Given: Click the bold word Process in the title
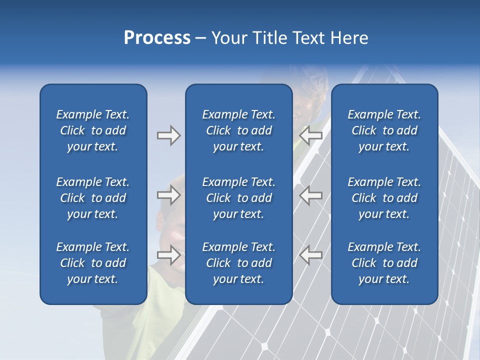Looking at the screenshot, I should (157, 38).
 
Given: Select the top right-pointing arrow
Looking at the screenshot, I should (168, 135).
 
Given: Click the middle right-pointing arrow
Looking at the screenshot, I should (168, 195).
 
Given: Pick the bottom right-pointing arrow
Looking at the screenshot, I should (168, 254).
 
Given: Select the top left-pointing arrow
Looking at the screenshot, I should (311, 135).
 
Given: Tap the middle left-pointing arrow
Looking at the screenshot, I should (311, 195).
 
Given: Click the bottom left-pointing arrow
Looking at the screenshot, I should (311, 254).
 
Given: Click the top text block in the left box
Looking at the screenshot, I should (93, 130).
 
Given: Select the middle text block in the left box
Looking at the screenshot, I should (93, 198).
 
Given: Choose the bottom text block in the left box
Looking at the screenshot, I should (93, 263).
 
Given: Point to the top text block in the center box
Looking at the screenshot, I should (238, 130).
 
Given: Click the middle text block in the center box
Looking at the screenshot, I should (238, 198).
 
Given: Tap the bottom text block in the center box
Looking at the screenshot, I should (238, 263).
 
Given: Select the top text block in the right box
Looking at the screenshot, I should (384, 130).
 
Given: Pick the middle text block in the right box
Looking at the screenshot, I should (384, 198).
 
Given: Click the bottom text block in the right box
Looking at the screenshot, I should (384, 263).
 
